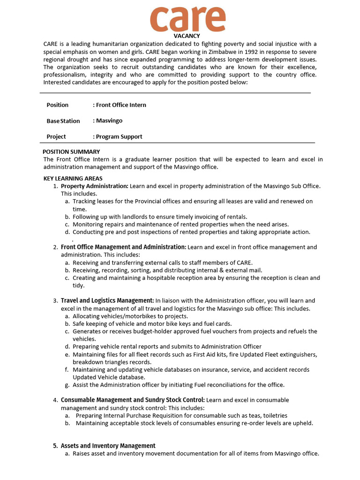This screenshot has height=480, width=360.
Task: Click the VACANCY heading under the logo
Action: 187,36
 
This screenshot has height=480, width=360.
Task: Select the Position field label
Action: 57,105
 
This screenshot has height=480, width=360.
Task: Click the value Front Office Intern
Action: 120,105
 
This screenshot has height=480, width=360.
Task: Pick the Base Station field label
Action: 63,121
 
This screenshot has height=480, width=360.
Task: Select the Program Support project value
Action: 119,137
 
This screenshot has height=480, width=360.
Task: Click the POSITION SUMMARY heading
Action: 71,152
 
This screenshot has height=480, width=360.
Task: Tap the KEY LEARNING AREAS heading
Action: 73,179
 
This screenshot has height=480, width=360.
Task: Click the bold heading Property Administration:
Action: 94,186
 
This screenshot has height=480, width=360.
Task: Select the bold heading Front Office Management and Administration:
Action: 123,247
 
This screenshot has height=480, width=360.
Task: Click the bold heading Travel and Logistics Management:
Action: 107,300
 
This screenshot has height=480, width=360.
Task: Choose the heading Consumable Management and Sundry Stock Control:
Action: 133,400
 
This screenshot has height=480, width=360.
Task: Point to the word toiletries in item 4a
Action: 272,415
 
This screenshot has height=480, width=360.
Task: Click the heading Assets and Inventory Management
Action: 108,446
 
